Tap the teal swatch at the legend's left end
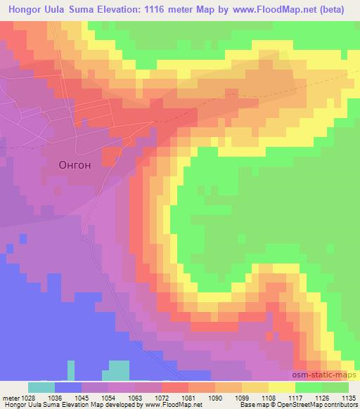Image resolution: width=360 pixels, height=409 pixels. [41, 387]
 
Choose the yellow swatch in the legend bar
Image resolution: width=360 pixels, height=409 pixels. [282, 387]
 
